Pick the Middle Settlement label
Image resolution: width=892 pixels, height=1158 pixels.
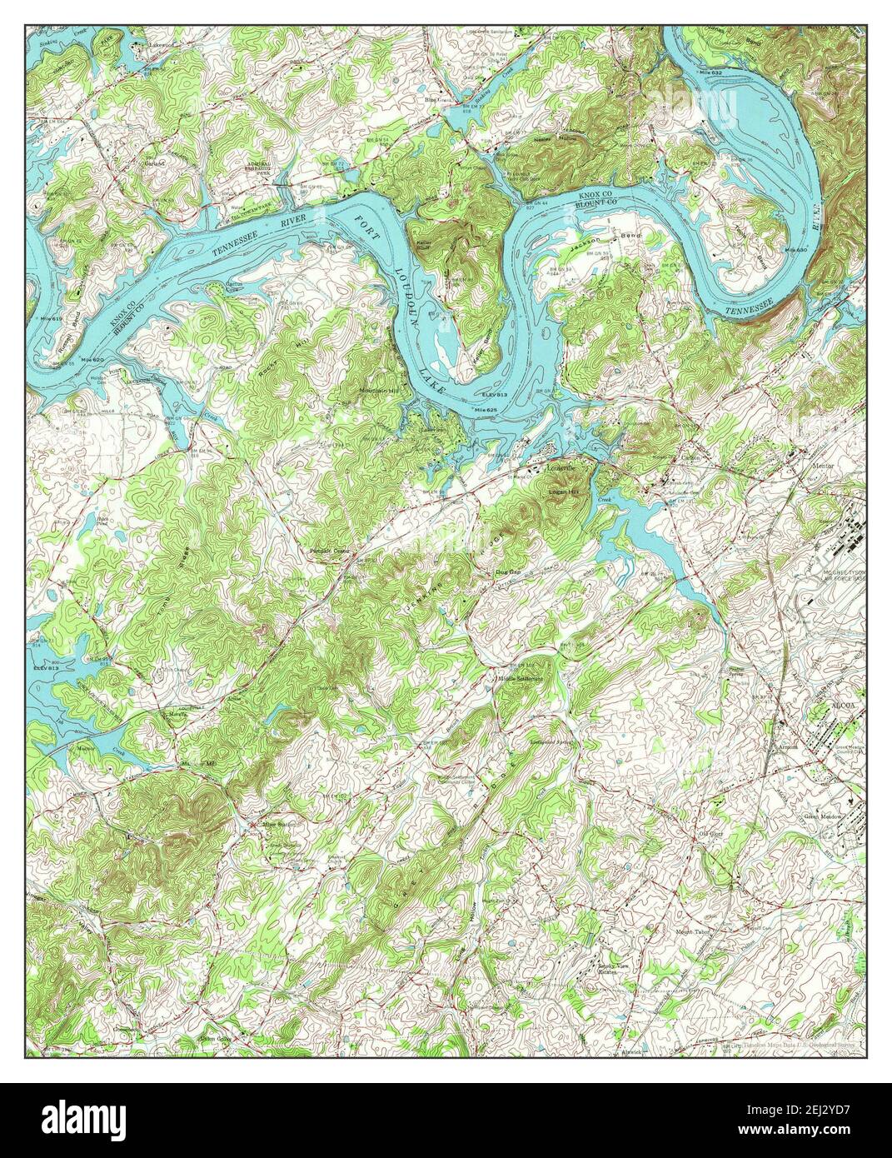[520, 678]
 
